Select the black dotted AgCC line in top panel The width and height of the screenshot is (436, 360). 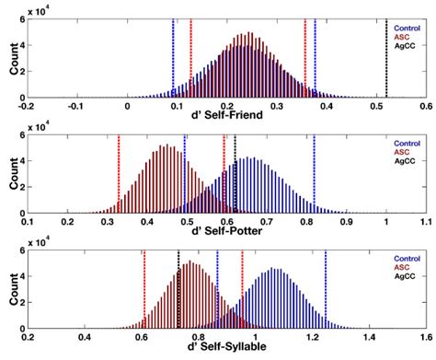tap(386, 55)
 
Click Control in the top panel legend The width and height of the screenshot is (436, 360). tap(400, 27)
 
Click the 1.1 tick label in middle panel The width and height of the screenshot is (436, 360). tap(426, 223)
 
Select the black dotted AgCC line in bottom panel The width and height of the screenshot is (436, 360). tap(178, 295)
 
